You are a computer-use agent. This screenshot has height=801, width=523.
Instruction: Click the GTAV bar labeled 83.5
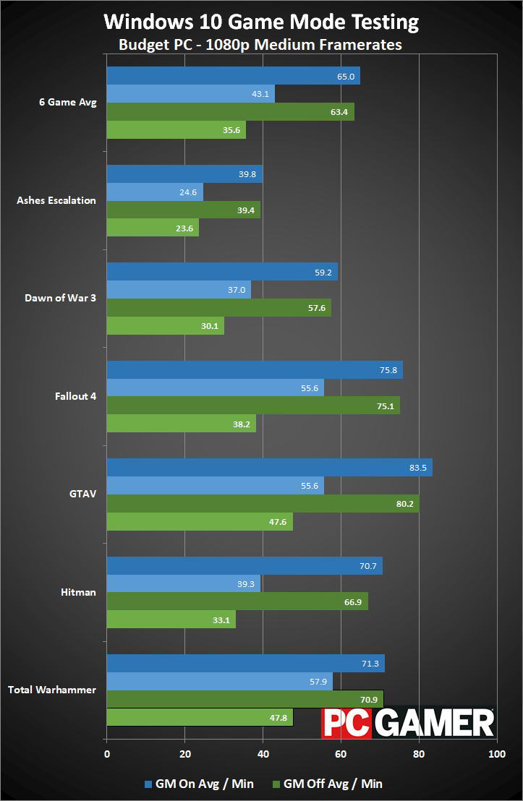(x=269, y=467)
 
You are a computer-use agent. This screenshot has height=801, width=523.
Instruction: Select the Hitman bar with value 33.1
(x=171, y=619)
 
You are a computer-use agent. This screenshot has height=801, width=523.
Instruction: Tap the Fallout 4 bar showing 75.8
(x=255, y=369)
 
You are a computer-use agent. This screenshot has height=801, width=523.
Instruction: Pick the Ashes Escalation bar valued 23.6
(x=153, y=228)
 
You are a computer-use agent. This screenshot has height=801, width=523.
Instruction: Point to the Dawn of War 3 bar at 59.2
(x=222, y=272)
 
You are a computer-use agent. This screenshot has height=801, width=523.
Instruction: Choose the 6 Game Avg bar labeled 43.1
(x=191, y=94)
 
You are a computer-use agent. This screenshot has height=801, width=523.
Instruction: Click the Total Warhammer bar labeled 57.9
(x=220, y=681)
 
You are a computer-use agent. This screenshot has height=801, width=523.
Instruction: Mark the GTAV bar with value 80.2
(x=263, y=503)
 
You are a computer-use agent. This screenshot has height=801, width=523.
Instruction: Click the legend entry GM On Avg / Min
(x=200, y=784)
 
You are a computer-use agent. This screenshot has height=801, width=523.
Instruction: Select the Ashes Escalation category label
(x=56, y=200)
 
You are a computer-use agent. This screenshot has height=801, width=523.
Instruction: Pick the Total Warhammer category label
(x=52, y=690)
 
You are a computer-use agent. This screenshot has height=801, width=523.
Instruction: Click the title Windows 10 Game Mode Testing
(x=261, y=22)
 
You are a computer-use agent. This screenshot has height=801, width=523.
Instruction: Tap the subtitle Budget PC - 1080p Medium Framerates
(x=260, y=45)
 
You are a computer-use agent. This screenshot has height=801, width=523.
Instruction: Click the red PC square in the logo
(x=346, y=722)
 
